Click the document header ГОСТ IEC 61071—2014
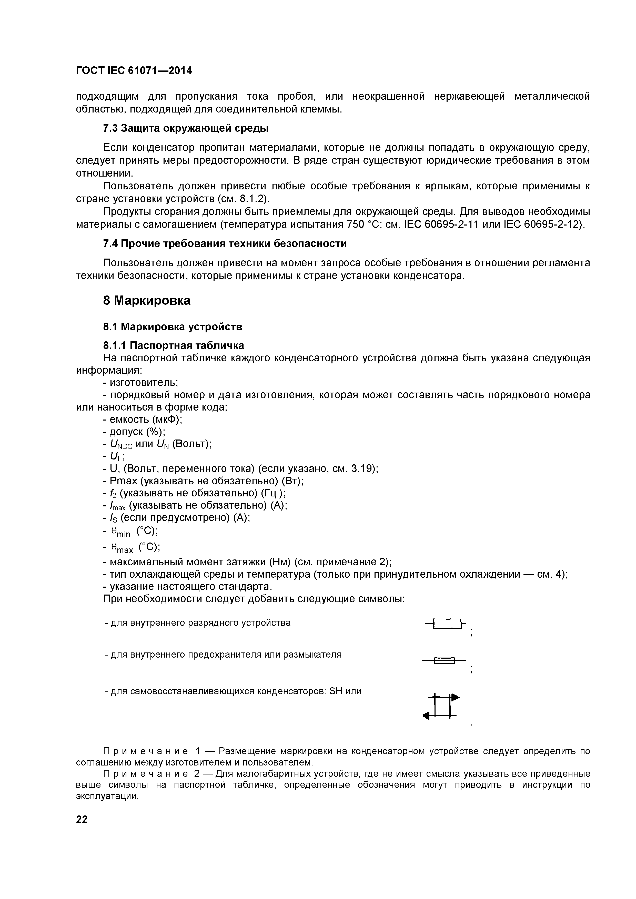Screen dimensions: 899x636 pos(134,71)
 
